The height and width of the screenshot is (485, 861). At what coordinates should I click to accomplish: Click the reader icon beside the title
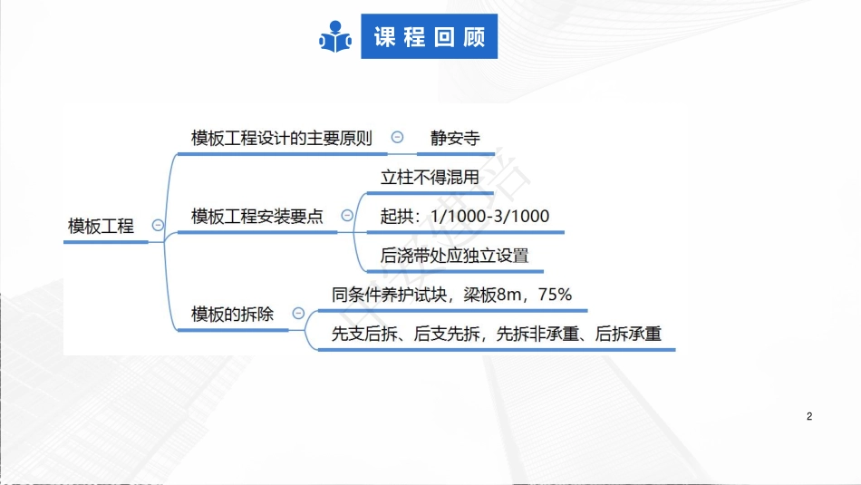pyautogui.click(x=334, y=37)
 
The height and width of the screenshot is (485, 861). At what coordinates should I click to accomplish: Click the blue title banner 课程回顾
pyautogui.click(x=429, y=37)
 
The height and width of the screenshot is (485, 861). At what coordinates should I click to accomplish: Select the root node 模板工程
pyautogui.click(x=101, y=226)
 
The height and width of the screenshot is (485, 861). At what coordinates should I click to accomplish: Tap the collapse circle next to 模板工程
pyautogui.click(x=158, y=226)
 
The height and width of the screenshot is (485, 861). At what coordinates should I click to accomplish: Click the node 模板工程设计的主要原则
pyautogui.click(x=282, y=138)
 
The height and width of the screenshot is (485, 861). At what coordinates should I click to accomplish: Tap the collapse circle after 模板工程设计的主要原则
pyautogui.click(x=397, y=138)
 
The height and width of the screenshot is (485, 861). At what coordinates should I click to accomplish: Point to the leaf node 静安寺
pyautogui.click(x=455, y=138)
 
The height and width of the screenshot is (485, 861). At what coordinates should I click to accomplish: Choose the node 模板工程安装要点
pyautogui.click(x=257, y=216)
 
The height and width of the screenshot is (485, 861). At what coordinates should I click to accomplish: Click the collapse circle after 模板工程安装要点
pyautogui.click(x=346, y=216)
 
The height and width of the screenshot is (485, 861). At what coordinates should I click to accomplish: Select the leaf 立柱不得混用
pyautogui.click(x=430, y=177)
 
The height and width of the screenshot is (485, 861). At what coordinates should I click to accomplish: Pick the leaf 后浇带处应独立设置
pyautogui.click(x=454, y=255)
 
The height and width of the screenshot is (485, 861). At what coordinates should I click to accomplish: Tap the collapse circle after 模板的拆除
pyautogui.click(x=298, y=314)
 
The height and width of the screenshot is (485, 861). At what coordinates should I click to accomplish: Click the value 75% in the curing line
pyautogui.click(x=554, y=295)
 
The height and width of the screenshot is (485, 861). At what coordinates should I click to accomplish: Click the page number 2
pyautogui.click(x=809, y=417)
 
